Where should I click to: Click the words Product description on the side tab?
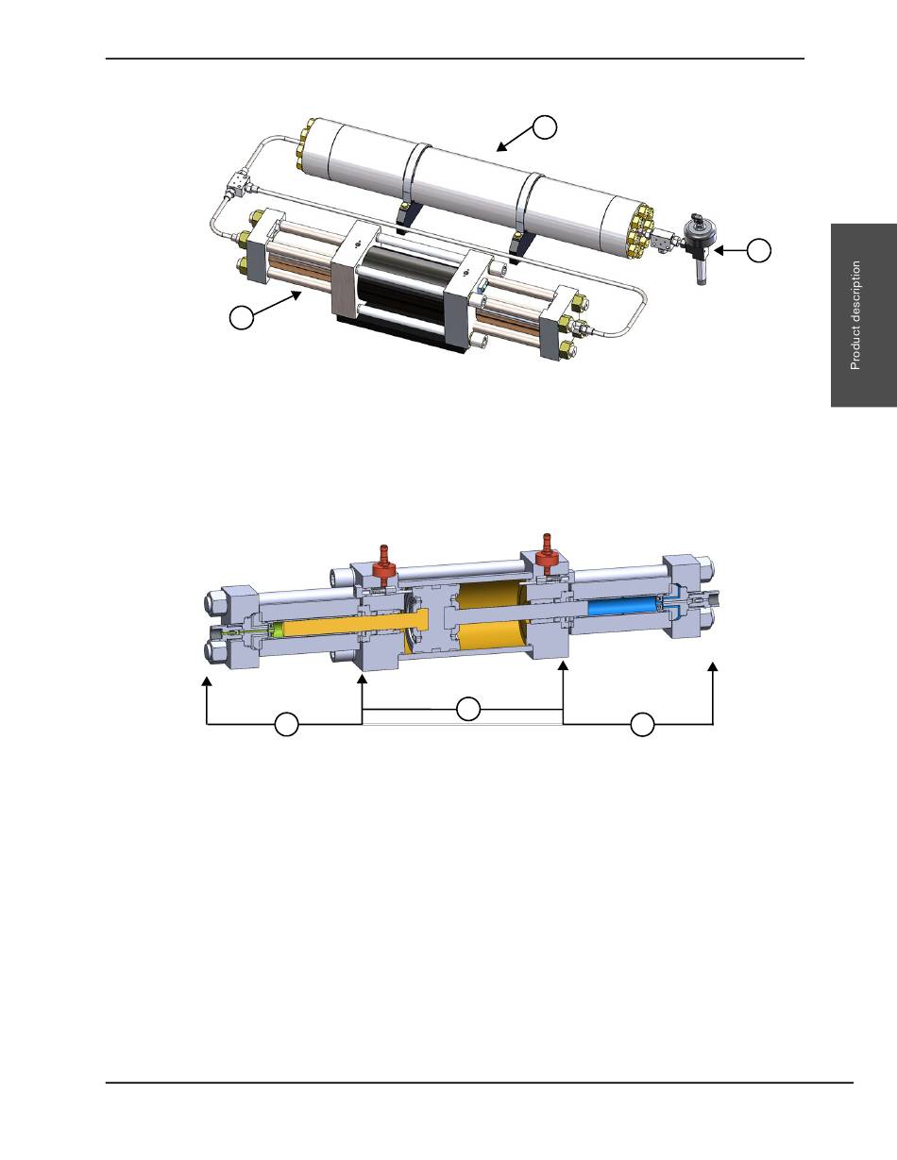[x=855, y=315]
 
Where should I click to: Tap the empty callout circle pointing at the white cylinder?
[x=545, y=127]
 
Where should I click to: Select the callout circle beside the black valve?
[x=759, y=250]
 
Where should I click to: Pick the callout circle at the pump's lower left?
[x=242, y=317]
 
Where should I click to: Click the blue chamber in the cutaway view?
[x=622, y=607]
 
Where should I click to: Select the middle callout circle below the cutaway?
[x=468, y=709]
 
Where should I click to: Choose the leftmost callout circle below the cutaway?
[x=286, y=724]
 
